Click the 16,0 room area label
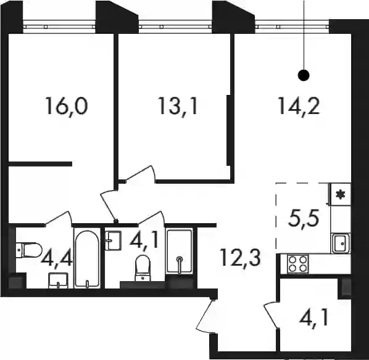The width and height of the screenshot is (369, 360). [x=67, y=106]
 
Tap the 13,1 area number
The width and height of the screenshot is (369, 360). [x=178, y=106]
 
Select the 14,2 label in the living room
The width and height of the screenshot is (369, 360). [x=299, y=106]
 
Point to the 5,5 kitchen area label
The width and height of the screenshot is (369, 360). [x=304, y=218]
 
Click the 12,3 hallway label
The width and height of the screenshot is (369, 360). [x=241, y=258]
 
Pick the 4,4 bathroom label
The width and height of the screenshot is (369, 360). [x=56, y=258]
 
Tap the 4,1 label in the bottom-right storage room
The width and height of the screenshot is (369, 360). [x=313, y=317]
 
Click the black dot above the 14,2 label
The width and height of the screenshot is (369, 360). [x=304, y=75]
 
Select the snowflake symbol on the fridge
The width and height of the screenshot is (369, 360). [x=340, y=194]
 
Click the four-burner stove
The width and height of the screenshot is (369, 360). [x=297, y=264]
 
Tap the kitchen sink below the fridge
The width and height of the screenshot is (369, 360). [x=341, y=243]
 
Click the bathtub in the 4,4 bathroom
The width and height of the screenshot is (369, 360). [x=87, y=258]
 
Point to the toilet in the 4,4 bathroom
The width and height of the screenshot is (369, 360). [x=29, y=250]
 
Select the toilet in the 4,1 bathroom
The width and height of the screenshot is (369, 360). [x=143, y=268]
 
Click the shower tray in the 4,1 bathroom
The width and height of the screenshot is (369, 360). [x=180, y=251]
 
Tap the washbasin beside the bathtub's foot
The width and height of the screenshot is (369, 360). [x=58, y=280]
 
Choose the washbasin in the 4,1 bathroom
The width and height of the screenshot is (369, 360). [x=114, y=240]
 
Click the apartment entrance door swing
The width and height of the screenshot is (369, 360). [x=205, y=315]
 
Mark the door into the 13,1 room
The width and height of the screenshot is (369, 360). [x=140, y=174]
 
